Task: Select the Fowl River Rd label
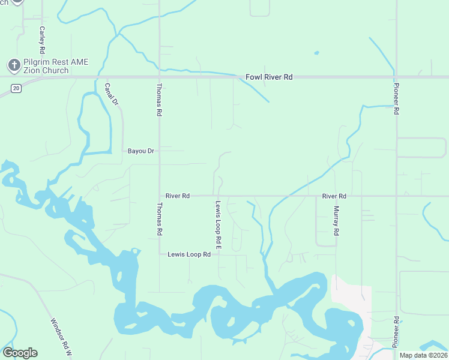click(x=269, y=77)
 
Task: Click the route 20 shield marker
click(x=16, y=88)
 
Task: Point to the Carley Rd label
click(x=42, y=38)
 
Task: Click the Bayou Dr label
click(x=141, y=151)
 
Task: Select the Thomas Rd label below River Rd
click(x=159, y=219)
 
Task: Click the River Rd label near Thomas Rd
click(x=178, y=196)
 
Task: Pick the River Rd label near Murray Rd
click(x=334, y=196)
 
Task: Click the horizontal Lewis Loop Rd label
click(x=188, y=254)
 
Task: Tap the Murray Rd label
click(x=336, y=221)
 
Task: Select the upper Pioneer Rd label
click(x=396, y=98)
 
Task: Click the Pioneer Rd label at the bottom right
click(x=396, y=331)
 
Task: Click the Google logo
click(x=20, y=353)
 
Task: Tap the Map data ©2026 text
click(x=424, y=355)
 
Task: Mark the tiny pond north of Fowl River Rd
click(x=316, y=53)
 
